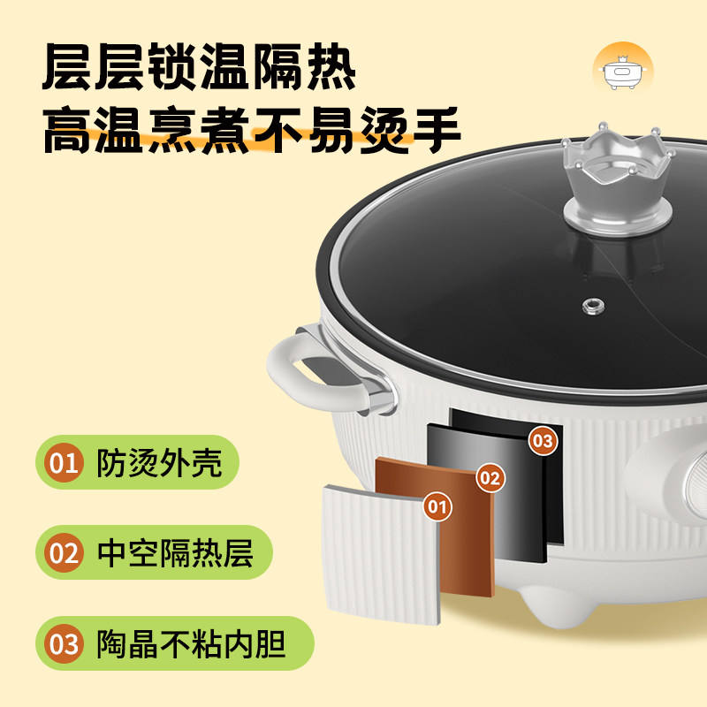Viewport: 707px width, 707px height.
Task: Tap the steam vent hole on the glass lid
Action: click(590, 306)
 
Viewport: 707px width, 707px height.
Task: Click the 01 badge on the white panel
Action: click(437, 506)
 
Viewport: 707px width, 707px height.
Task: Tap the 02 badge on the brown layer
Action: click(490, 478)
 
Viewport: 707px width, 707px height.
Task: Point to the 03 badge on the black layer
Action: click(544, 439)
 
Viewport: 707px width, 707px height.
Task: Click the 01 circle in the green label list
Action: click(64, 462)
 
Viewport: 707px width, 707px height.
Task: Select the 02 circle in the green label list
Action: click(64, 553)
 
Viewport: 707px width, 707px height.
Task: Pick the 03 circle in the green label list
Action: click(64, 643)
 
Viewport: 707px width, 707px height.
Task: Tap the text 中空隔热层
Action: click(175, 553)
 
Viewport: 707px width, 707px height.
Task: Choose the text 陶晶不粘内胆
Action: click(191, 643)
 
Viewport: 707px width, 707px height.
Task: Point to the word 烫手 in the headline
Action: click(412, 133)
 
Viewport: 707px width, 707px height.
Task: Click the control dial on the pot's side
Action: click(689, 482)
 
